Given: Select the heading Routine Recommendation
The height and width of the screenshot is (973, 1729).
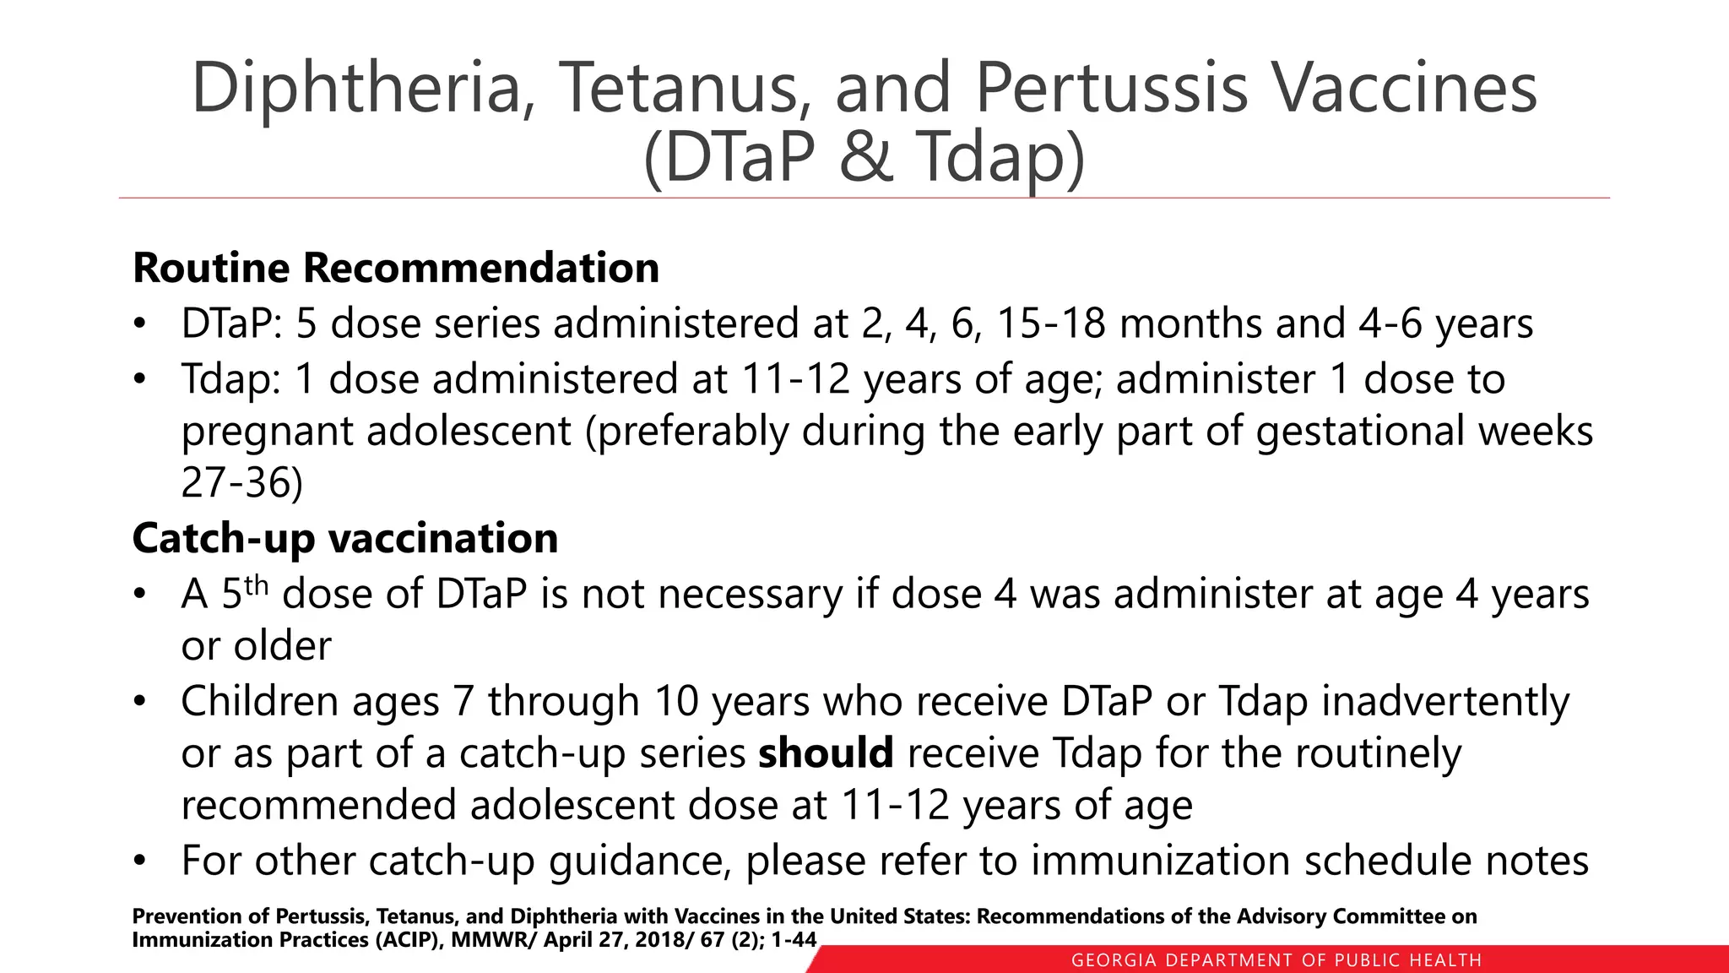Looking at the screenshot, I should click(x=396, y=268).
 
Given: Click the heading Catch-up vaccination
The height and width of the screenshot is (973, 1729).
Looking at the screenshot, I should click(x=345, y=538).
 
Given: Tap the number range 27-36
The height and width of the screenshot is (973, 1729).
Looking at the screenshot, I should click(x=241, y=483).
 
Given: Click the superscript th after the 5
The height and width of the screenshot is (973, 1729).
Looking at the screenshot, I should click(x=256, y=584).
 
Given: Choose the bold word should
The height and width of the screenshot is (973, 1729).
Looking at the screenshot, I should click(x=826, y=753).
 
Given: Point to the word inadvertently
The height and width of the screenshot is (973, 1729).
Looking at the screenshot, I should click(x=1444, y=701).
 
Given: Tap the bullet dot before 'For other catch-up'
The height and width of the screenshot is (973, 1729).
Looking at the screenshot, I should click(x=140, y=862).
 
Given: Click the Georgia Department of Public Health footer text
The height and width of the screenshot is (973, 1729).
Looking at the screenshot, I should click(x=1276, y=960).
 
